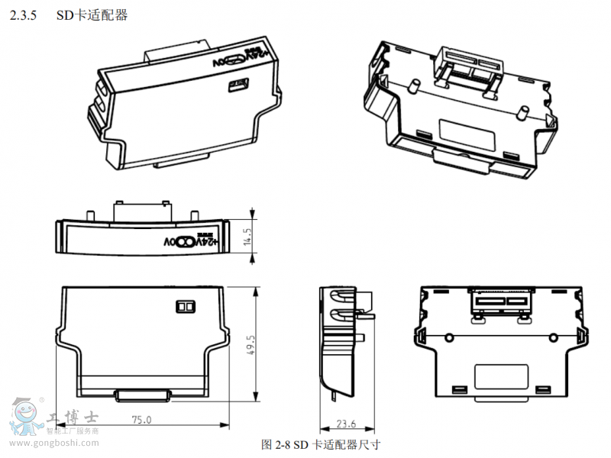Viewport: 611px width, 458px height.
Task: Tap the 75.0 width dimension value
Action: click(x=142, y=419)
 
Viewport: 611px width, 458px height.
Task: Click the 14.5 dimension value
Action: click(x=247, y=233)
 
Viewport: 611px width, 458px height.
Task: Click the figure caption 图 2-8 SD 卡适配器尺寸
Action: click(x=321, y=444)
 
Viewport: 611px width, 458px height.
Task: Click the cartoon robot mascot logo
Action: click(x=25, y=418)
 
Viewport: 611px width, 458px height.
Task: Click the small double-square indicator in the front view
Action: click(x=186, y=305)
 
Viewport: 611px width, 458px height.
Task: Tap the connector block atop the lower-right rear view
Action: click(x=502, y=304)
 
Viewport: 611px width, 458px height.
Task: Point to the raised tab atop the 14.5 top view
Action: click(x=141, y=208)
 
